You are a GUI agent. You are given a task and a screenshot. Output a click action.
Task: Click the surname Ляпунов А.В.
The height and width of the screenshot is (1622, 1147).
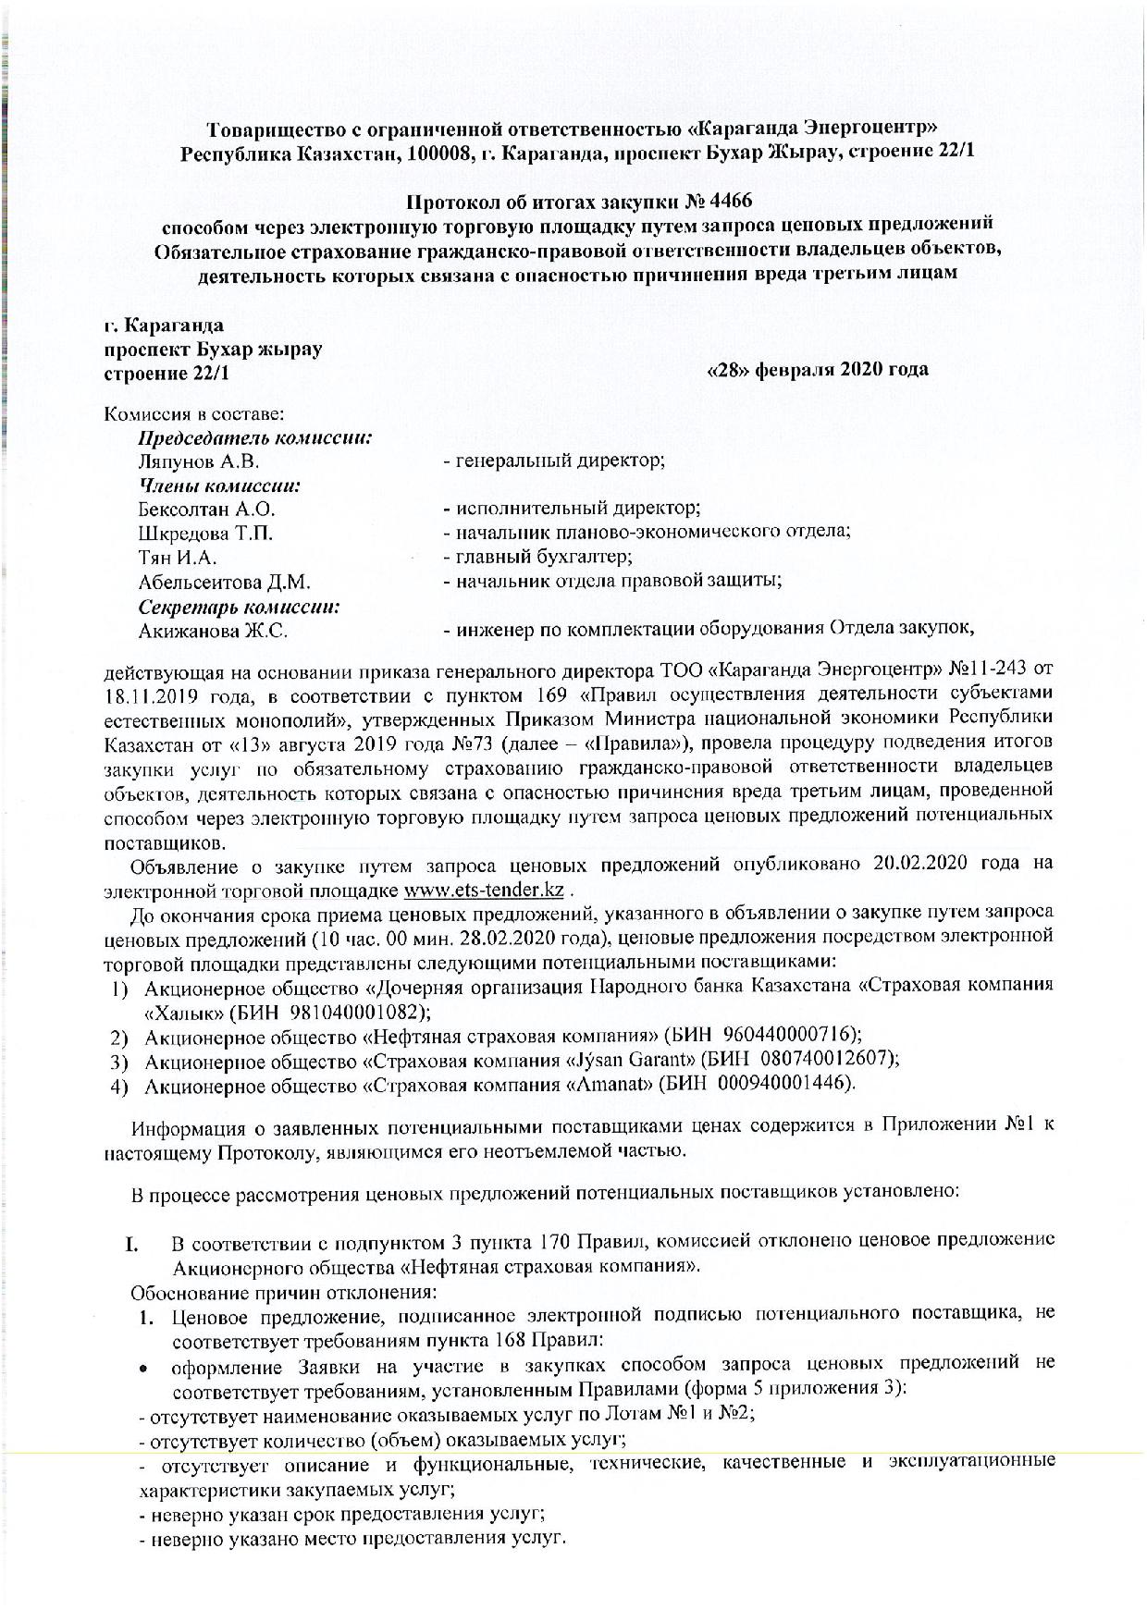(199, 461)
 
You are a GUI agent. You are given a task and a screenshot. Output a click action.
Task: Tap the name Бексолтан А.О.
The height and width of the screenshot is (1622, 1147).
(206, 509)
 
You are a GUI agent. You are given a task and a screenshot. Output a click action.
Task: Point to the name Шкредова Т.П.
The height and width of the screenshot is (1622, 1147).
(205, 533)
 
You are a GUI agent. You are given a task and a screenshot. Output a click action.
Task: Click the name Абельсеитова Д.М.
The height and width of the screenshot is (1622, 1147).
(224, 582)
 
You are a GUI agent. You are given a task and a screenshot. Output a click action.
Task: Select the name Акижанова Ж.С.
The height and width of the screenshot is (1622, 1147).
(213, 632)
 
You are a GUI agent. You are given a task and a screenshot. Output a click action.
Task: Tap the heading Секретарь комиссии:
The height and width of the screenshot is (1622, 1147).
(240, 607)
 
